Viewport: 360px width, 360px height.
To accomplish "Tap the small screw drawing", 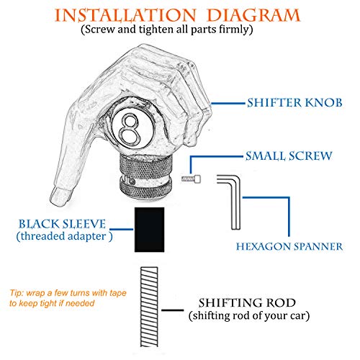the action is click(191, 179).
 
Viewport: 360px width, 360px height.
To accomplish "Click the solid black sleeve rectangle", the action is click(149, 230).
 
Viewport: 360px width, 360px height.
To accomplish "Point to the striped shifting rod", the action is click(149, 307).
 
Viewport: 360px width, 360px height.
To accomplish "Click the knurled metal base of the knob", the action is click(146, 176).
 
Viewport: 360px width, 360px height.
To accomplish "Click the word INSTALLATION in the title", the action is click(125, 16).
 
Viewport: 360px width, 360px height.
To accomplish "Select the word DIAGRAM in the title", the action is click(253, 16).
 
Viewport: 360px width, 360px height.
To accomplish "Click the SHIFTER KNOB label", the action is click(294, 103).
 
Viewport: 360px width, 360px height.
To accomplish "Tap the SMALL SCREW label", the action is click(289, 156).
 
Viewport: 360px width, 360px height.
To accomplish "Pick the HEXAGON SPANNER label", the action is click(289, 247).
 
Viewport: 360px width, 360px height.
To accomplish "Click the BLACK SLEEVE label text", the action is click(62, 224).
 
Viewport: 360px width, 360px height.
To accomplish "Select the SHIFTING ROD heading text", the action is click(247, 303).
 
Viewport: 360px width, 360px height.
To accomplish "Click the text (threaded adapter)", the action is click(64, 236).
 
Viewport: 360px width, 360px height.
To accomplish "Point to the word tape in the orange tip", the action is click(118, 293).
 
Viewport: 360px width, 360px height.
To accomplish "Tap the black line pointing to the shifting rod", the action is click(173, 310).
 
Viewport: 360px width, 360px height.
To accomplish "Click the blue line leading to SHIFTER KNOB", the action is click(228, 104).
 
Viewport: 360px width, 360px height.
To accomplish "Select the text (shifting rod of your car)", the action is click(249, 316).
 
